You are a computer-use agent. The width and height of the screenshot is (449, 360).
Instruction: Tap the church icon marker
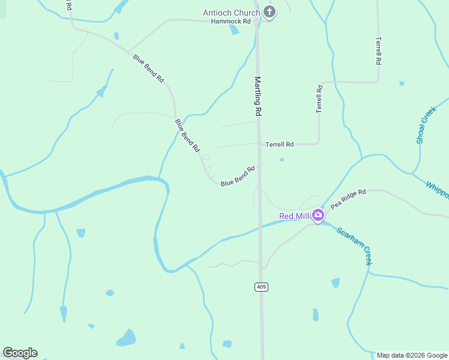coord(270,12)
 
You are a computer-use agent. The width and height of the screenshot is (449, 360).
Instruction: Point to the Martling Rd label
coord(258,96)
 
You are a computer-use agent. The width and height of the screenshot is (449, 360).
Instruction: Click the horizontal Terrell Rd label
coord(280,145)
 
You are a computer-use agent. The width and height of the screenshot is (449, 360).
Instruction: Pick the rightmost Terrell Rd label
coord(378,52)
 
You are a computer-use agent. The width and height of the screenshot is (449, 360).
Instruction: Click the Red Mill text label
coord(294,216)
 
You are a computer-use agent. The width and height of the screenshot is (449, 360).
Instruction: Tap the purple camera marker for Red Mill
coord(318,215)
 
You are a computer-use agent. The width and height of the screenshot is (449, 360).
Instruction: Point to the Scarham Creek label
coord(354,246)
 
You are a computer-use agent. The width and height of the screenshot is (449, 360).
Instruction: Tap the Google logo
coord(20,353)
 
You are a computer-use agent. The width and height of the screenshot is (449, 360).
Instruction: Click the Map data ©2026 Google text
coord(412,355)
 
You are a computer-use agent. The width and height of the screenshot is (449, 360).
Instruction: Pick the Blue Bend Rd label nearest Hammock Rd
coord(148,68)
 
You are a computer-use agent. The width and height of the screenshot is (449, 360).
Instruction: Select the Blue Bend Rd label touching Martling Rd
coord(238,176)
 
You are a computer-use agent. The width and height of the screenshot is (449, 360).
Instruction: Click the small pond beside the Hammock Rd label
coord(234,29)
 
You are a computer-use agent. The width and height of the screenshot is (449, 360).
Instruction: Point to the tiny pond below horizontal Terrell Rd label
coord(282,160)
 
